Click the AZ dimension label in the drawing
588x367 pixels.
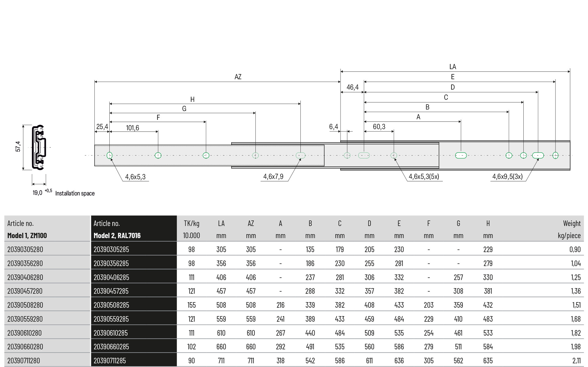click(238, 77)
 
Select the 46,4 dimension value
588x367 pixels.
click(352, 87)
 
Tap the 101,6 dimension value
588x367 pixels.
click(133, 128)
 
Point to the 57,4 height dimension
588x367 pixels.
click(18, 146)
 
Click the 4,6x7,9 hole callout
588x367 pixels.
click(273, 176)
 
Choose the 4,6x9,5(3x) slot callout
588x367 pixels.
click(507, 176)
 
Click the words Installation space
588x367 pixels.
click(75, 193)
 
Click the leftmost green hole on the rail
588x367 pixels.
click(110, 155)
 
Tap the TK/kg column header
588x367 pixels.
click(191, 223)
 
